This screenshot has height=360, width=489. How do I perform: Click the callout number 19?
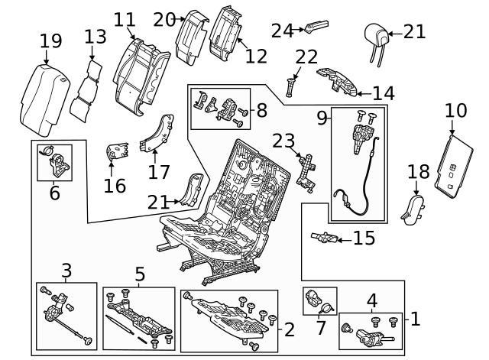pyautogui.click(x=50, y=41)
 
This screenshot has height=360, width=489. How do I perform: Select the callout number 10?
pyautogui.click(x=455, y=111)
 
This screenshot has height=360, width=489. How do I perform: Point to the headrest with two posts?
pyautogui.click(x=375, y=35)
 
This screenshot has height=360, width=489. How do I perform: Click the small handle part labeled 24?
pyautogui.click(x=314, y=28)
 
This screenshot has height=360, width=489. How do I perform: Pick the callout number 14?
pyautogui.click(x=384, y=93)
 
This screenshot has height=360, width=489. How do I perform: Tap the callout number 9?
pyautogui.click(x=322, y=118)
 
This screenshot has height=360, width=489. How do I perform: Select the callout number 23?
pyautogui.click(x=283, y=141)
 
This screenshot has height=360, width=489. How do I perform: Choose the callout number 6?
pyautogui.click(x=54, y=193)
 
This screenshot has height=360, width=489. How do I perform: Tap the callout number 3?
pyautogui.click(x=66, y=270)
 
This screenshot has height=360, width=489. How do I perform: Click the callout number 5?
pyautogui.click(x=139, y=274)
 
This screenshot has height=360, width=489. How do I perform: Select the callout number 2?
pyautogui.click(x=289, y=330)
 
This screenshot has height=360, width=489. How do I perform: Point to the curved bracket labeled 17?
pyautogui.click(x=158, y=134)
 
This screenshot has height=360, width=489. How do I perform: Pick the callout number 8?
pyautogui.click(x=261, y=111)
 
